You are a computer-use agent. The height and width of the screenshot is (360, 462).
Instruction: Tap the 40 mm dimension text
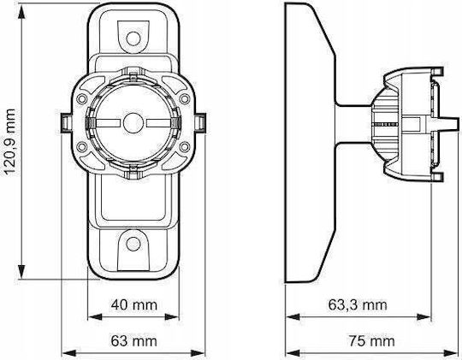click(134, 305)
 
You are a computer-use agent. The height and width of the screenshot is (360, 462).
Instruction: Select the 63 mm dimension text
click(134, 341)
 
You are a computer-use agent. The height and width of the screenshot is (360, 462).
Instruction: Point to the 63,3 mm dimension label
click(358, 305)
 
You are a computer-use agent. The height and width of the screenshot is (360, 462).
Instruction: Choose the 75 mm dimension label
click(372, 341)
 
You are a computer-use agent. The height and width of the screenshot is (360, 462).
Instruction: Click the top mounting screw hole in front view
click(133, 38)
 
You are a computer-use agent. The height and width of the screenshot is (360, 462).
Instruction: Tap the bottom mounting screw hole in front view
click(133, 244)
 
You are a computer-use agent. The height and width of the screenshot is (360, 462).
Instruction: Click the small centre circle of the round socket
click(133, 123)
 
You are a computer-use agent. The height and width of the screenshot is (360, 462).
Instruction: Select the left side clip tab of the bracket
click(66, 123)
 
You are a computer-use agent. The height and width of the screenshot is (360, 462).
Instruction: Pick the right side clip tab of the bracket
click(200, 123)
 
